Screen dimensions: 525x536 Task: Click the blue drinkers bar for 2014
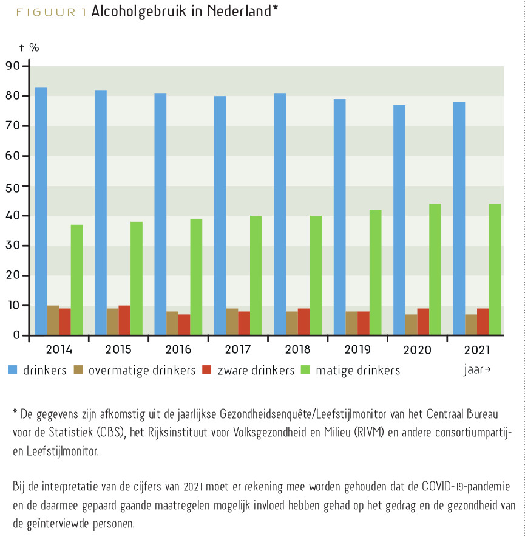click(x=41, y=211)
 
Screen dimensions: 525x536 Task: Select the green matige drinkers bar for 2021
click(x=495, y=269)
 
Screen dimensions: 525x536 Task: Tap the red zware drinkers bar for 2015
click(x=124, y=320)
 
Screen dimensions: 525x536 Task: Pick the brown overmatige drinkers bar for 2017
click(x=232, y=321)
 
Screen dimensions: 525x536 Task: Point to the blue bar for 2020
click(x=399, y=220)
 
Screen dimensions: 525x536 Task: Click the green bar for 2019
click(x=376, y=272)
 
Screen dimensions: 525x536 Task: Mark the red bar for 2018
click(x=304, y=321)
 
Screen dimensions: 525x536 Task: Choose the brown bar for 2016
click(x=172, y=323)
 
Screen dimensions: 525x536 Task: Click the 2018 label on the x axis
click(x=297, y=349)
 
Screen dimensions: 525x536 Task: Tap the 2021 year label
click(x=477, y=350)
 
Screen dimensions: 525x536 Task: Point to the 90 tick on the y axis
click(x=13, y=66)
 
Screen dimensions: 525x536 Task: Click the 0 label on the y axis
click(x=16, y=335)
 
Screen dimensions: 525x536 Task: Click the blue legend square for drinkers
click(x=13, y=370)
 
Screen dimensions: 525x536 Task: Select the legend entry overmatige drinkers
click(x=142, y=371)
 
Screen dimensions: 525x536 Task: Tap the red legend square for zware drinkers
click(x=207, y=370)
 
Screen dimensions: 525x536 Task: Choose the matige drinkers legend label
click(x=357, y=371)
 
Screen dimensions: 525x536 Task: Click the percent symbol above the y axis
click(x=34, y=47)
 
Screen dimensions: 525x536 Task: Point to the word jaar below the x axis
click(x=473, y=369)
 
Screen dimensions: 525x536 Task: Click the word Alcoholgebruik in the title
click(x=138, y=12)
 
